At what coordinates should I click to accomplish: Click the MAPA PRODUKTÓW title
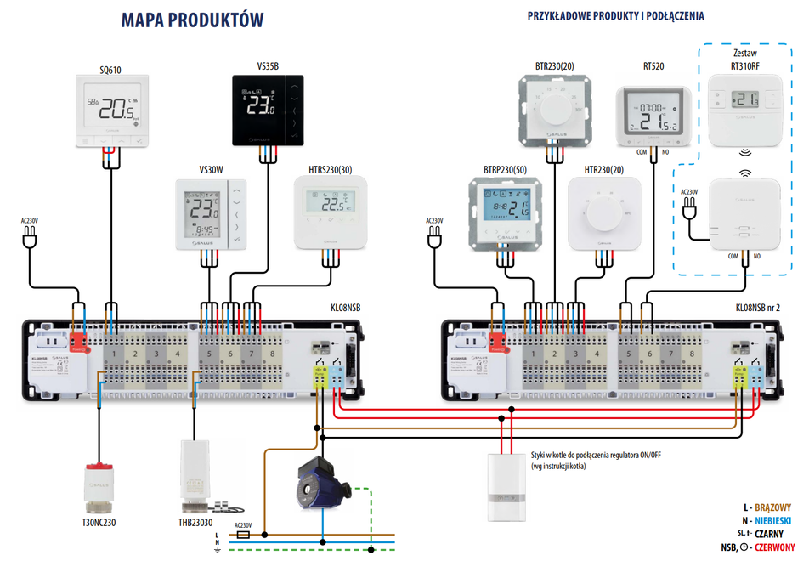(192, 20)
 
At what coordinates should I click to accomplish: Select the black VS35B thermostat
(268, 109)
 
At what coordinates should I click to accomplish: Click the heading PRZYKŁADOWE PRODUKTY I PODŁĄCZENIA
(615, 15)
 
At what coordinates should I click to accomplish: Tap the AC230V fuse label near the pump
(243, 525)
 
